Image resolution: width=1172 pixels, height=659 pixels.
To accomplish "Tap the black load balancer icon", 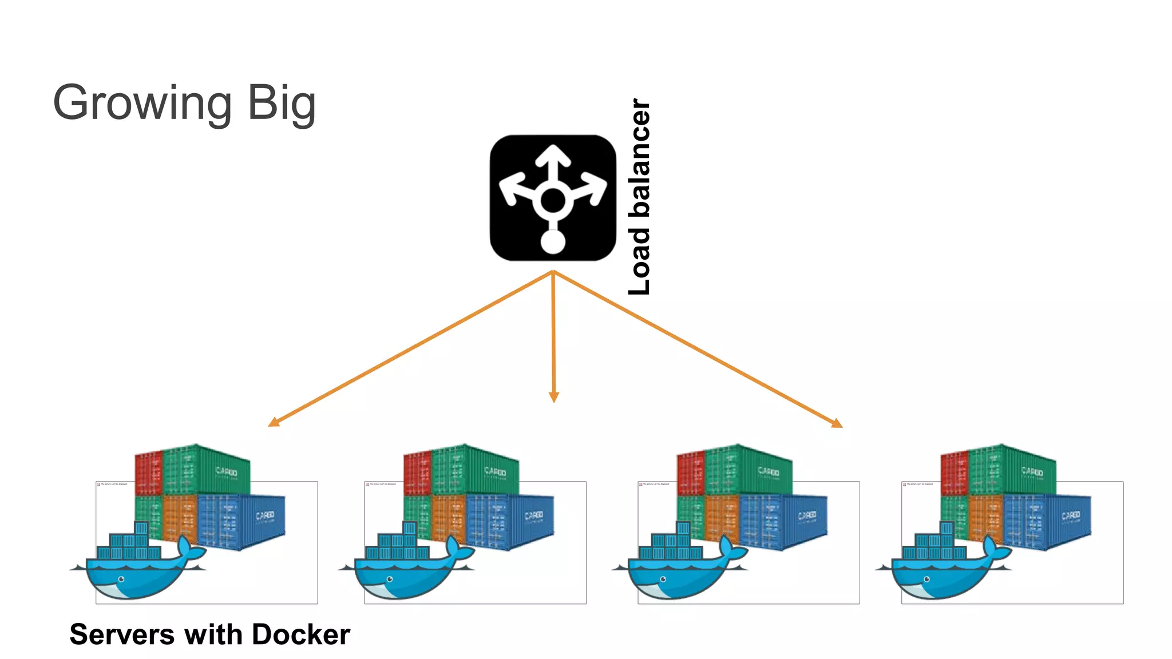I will pyautogui.click(x=553, y=198).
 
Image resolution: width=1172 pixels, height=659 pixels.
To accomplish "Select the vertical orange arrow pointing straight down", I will pyautogui.click(x=553, y=338).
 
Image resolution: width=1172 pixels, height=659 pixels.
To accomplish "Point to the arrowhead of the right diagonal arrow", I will pyautogui.click(x=836, y=423).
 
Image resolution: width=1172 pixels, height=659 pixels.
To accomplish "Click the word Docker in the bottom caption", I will pyautogui.click(x=300, y=634).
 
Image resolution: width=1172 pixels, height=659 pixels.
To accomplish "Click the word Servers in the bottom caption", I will pyautogui.click(x=122, y=634).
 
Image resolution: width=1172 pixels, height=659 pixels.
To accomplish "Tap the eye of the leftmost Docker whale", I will pyautogui.click(x=121, y=579).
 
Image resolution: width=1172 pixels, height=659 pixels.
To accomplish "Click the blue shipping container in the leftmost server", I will pyautogui.click(x=240, y=521).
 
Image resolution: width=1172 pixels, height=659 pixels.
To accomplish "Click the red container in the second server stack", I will pyautogui.click(x=417, y=473).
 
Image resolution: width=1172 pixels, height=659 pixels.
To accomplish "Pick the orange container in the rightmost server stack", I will pyautogui.click(x=985, y=518).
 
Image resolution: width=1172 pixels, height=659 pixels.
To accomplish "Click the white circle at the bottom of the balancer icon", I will pyautogui.click(x=553, y=241).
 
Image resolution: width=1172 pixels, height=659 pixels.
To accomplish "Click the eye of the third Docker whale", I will pyautogui.click(x=663, y=579).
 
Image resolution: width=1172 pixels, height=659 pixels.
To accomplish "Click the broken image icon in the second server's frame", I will pyautogui.click(x=367, y=485).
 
